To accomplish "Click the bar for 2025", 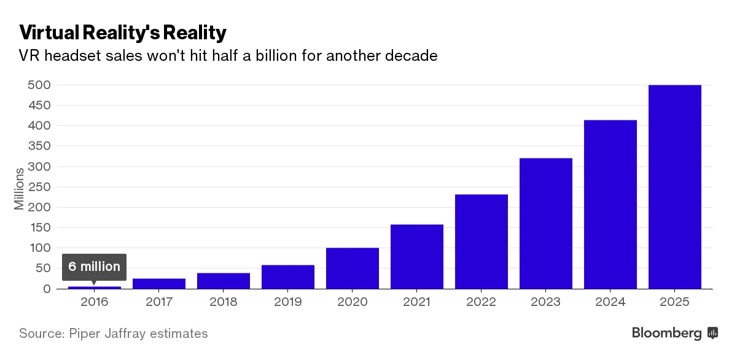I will [x=674, y=187].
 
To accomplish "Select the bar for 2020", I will [x=352, y=268].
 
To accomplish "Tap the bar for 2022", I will [x=481, y=241].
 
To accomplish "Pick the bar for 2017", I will [x=158, y=283].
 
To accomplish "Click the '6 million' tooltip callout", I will [x=94, y=267].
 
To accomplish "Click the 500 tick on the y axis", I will [x=39, y=85].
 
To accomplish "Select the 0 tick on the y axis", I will [x=46, y=289].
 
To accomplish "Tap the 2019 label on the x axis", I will [x=287, y=302].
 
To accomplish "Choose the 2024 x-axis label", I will [x=610, y=302].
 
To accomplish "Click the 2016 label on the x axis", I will [x=94, y=302].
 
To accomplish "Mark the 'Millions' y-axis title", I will [x=20, y=187].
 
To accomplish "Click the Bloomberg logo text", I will [x=667, y=334].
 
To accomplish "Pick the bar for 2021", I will [x=416, y=256].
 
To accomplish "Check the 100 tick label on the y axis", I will [x=39, y=248].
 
